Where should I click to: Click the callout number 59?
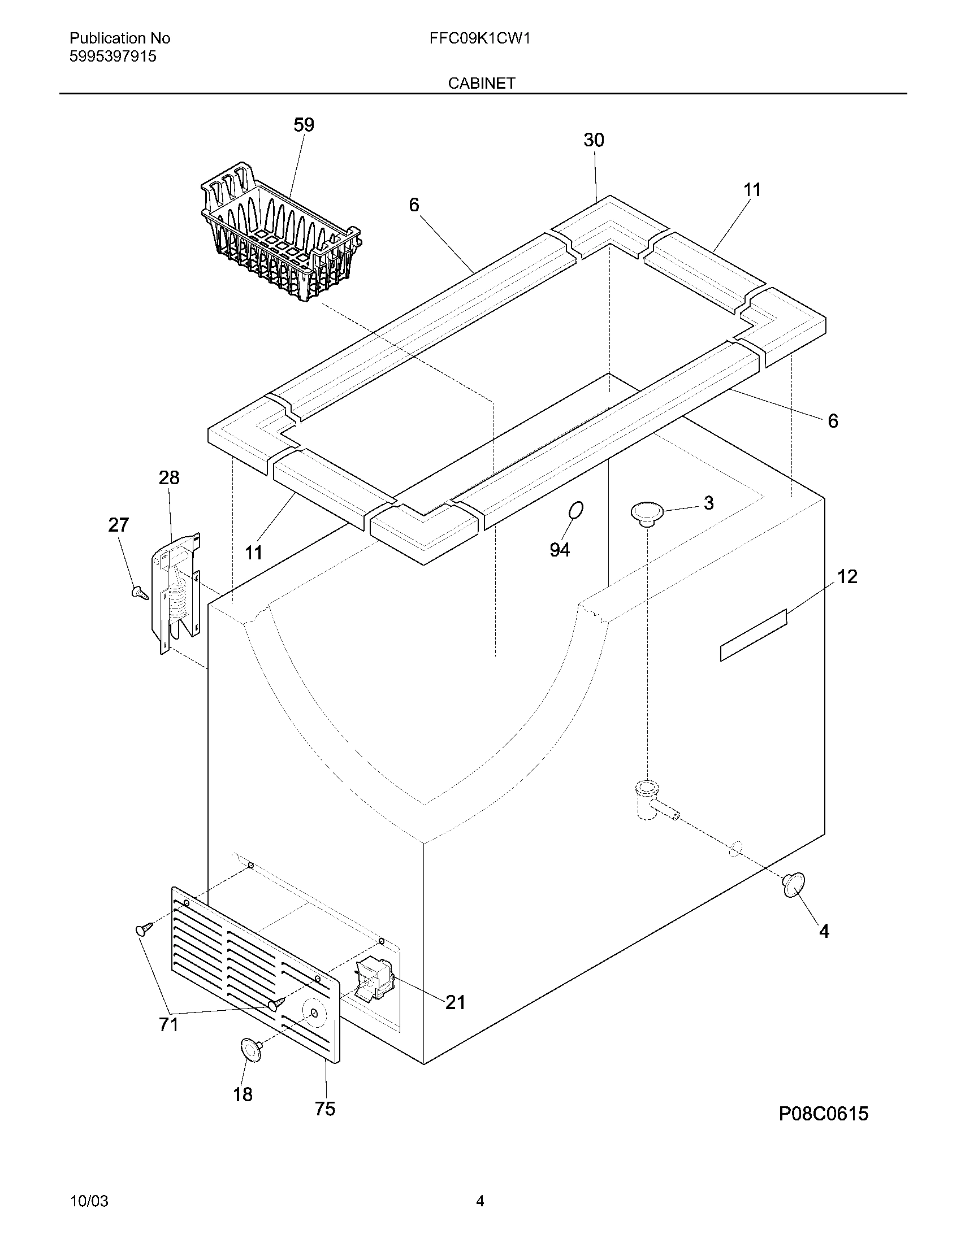[x=304, y=125]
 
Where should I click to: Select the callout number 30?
[x=593, y=140]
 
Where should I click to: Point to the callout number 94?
[x=560, y=549]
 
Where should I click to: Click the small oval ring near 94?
[x=575, y=511]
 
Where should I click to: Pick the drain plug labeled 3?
[x=647, y=512]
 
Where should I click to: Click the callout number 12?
[x=847, y=576]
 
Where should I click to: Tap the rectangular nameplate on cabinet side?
[x=752, y=635]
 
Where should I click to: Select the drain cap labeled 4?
[x=793, y=884]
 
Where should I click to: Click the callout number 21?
[x=455, y=1002]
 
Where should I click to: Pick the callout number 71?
[x=168, y=1024]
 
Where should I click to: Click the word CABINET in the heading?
[x=481, y=83]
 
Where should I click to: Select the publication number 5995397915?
[x=112, y=56]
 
